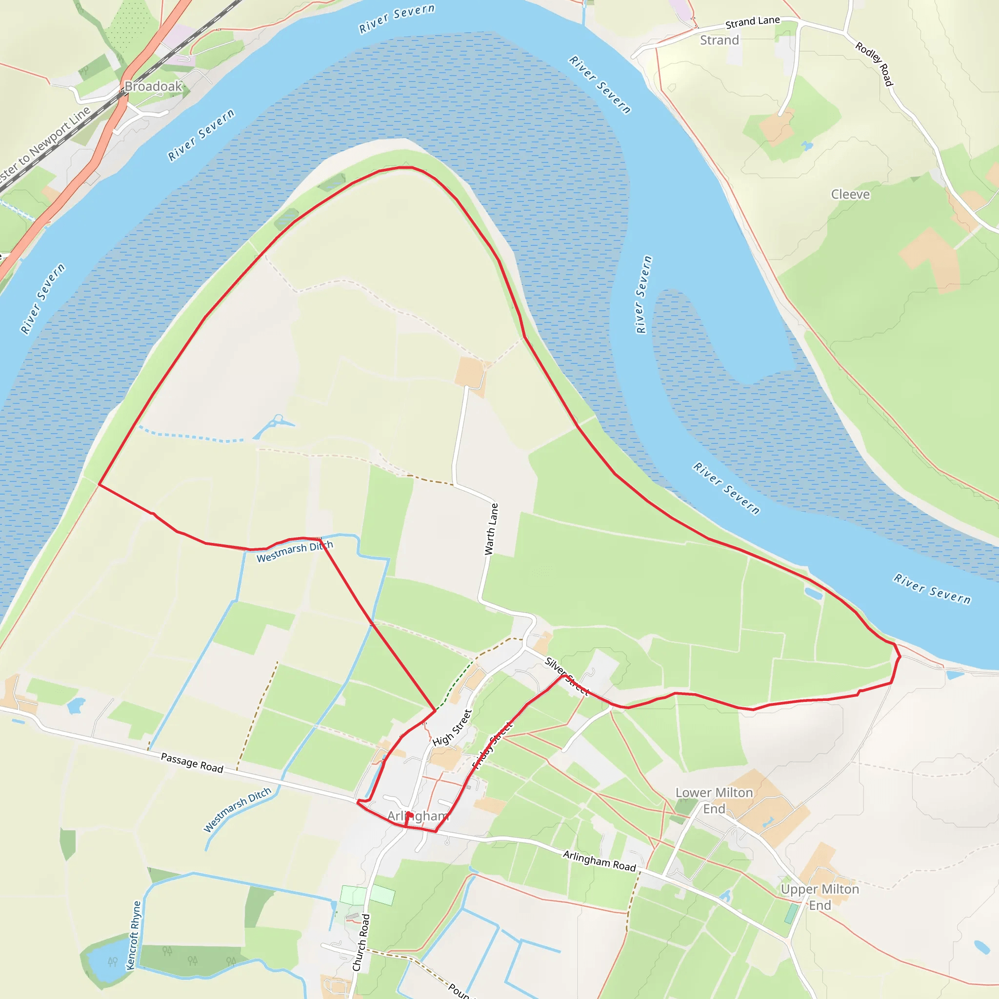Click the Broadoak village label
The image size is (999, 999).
(153, 86)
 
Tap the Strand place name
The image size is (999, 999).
(719, 40)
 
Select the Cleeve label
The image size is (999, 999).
(850, 195)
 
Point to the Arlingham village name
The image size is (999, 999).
(418, 816)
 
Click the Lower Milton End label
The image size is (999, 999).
(714, 800)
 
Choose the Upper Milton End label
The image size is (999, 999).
(819, 897)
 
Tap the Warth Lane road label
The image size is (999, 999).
(491, 529)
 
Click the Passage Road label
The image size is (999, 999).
(192, 763)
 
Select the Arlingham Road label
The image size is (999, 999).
(599, 861)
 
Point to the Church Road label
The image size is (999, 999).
(361, 942)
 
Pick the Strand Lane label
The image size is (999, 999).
(752, 22)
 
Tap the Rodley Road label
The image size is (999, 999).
(874, 64)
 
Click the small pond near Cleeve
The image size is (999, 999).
(806, 146)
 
